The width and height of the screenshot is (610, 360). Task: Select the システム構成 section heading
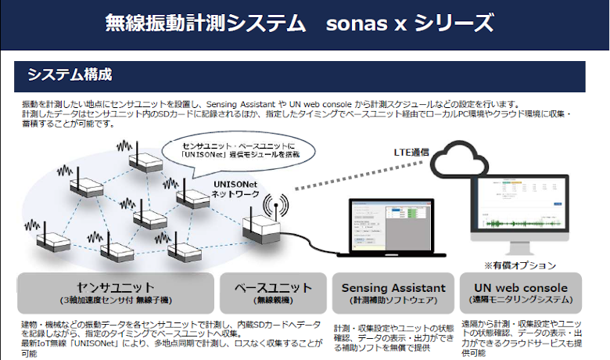click(70, 76)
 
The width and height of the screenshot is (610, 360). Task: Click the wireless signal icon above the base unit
click(273, 206)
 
